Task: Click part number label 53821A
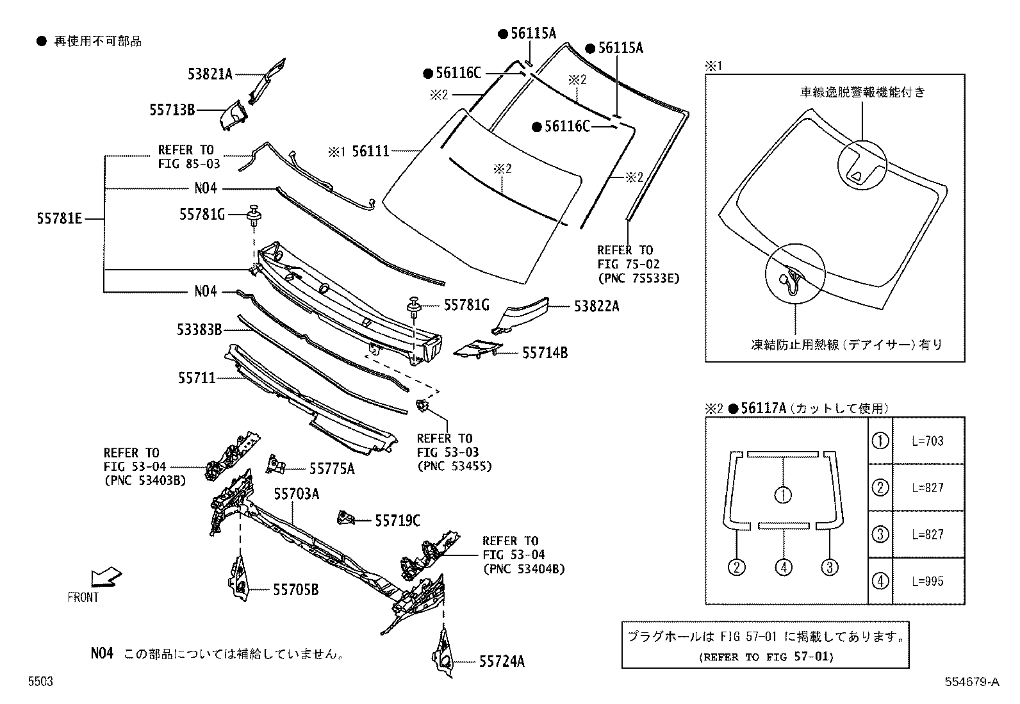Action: pyautogui.click(x=210, y=74)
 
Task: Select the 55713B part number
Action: pyautogui.click(x=172, y=110)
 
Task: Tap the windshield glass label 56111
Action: pyautogui.click(x=370, y=151)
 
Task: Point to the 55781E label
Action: pyautogui.click(x=60, y=219)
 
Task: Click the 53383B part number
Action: pyautogui.click(x=199, y=330)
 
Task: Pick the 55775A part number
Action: pyautogui.click(x=332, y=469)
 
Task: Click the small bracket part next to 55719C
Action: pyautogui.click(x=346, y=517)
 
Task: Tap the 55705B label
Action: pyautogui.click(x=296, y=589)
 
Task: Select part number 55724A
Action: pyautogui.click(x=502, y=662)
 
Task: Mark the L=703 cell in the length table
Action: pyautogui.click(x=928, y=441)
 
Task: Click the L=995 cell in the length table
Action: pyautogui.click(x=928, y=581)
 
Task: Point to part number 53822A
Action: pyautogui.click(x=596, y=306)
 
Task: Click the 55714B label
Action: pyautogui.click(x=545, y=352)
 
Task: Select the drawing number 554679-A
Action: pyautogui.click(x=971, y=682)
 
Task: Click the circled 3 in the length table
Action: pyautogui.click(x=880, y=534)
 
